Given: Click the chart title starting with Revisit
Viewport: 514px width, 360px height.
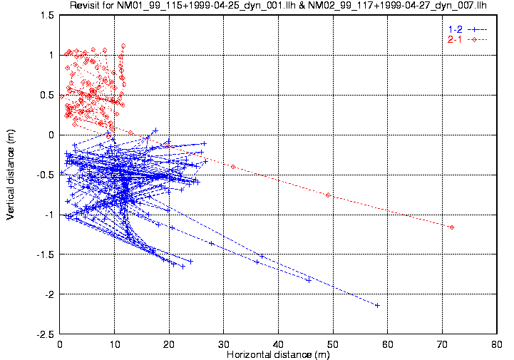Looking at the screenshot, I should point(277,6).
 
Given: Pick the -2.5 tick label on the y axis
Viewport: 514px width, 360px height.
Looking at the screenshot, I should point(46,334).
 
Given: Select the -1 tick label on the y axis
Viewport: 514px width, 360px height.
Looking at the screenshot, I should point(50,215).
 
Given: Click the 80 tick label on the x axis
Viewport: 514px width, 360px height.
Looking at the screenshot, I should point(496,344).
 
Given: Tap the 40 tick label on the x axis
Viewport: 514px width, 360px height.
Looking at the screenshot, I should point(278,344).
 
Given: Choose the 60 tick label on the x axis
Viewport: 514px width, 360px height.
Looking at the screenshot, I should point(387,344).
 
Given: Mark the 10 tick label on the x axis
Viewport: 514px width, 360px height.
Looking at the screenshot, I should point(115,344).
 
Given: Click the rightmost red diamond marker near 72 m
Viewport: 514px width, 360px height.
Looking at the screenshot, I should point(452,227).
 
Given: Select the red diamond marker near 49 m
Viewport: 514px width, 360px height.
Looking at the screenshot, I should point(328,195).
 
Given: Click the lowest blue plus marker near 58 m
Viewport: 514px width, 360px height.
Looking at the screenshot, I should point(377,305).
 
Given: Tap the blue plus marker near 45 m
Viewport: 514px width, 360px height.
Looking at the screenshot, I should point(308,280).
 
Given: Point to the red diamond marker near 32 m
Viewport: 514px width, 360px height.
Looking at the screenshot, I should point(233,167).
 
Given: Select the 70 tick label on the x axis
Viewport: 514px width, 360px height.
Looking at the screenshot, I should point(442,344).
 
